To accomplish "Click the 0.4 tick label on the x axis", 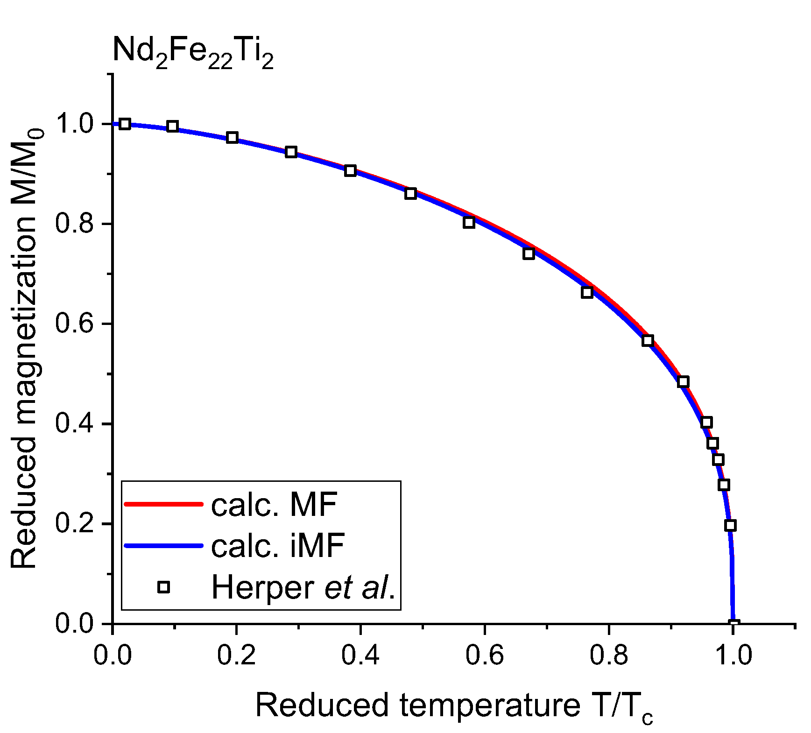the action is pos(360,655).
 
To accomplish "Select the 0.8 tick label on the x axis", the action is pos(608,655).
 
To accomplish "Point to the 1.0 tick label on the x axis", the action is pos(733,655).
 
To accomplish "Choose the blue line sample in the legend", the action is pos(163,545).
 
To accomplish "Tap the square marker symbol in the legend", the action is pos(163,587).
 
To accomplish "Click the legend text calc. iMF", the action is pos(278,545).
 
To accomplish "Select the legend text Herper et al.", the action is pos(303,587).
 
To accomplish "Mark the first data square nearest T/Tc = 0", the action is pos(125,124).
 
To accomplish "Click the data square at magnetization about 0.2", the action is pos(730,525).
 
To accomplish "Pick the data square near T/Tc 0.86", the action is pos(647,340).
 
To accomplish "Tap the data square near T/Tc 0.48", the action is pos(410,193).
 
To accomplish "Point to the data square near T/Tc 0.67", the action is pos(529,254).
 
